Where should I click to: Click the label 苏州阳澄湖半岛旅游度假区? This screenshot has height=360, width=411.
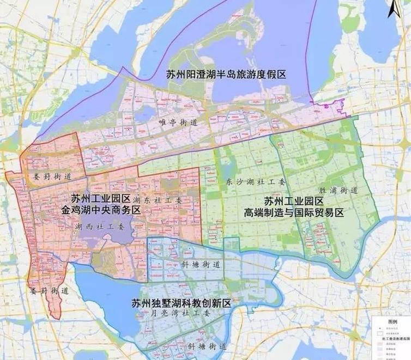pos(227,75)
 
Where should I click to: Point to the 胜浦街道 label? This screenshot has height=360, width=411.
pos(339,190)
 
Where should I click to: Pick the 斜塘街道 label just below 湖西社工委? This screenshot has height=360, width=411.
pos(200,265)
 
